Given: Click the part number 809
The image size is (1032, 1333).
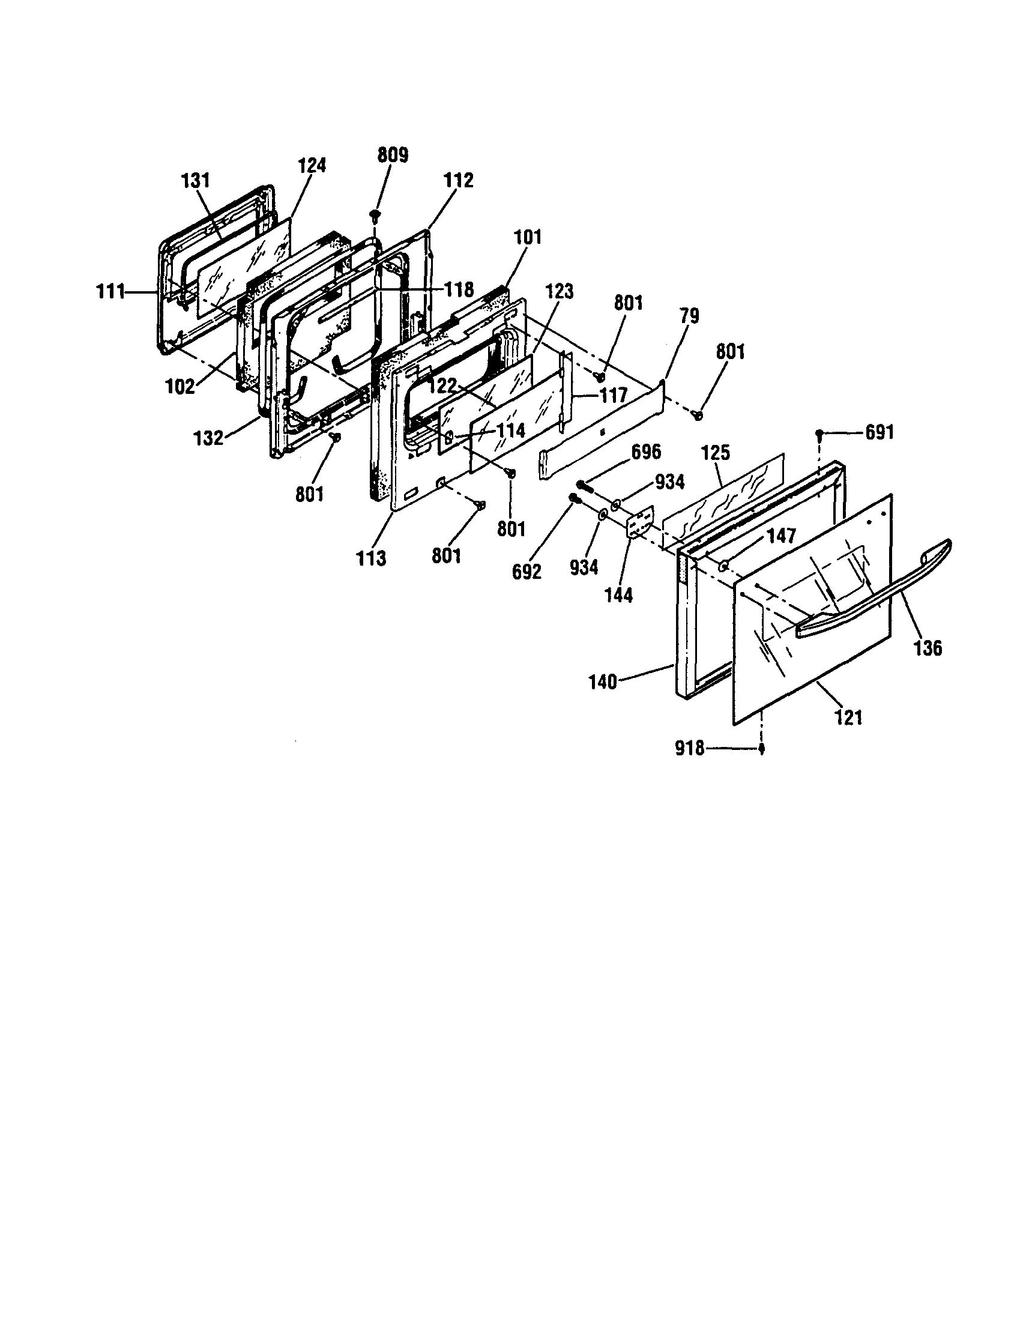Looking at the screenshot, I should click(x=393, y=155).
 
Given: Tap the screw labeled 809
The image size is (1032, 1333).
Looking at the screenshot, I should click(x=375, y=214).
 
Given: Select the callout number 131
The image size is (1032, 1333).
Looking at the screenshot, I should click(x=195, y=181).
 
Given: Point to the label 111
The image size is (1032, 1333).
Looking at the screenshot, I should click(x=110, y=292).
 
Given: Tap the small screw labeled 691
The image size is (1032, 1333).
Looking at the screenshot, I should click(x=820, y=434).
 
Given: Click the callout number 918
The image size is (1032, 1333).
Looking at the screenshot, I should click(x=690, y=748).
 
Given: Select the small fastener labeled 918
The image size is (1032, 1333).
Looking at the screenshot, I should click(x=762, y=750).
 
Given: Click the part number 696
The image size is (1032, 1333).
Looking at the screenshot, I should click(x=646, y=452).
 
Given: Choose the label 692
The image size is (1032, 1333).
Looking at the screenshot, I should click(x=527, y=572).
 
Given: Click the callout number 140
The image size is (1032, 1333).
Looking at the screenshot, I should click(x=603, y=682).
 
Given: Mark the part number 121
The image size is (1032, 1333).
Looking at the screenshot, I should click(x=848, y=717).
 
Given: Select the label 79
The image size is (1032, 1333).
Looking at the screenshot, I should click(x=689, y=316).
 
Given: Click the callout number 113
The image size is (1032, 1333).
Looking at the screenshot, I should click(x=372, y=558).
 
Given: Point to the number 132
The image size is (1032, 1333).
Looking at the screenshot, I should click(x=209, y=438).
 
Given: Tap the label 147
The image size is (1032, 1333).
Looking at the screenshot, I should click(x=782, y=536).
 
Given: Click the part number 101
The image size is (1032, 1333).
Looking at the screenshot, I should click(x=527, y=237).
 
